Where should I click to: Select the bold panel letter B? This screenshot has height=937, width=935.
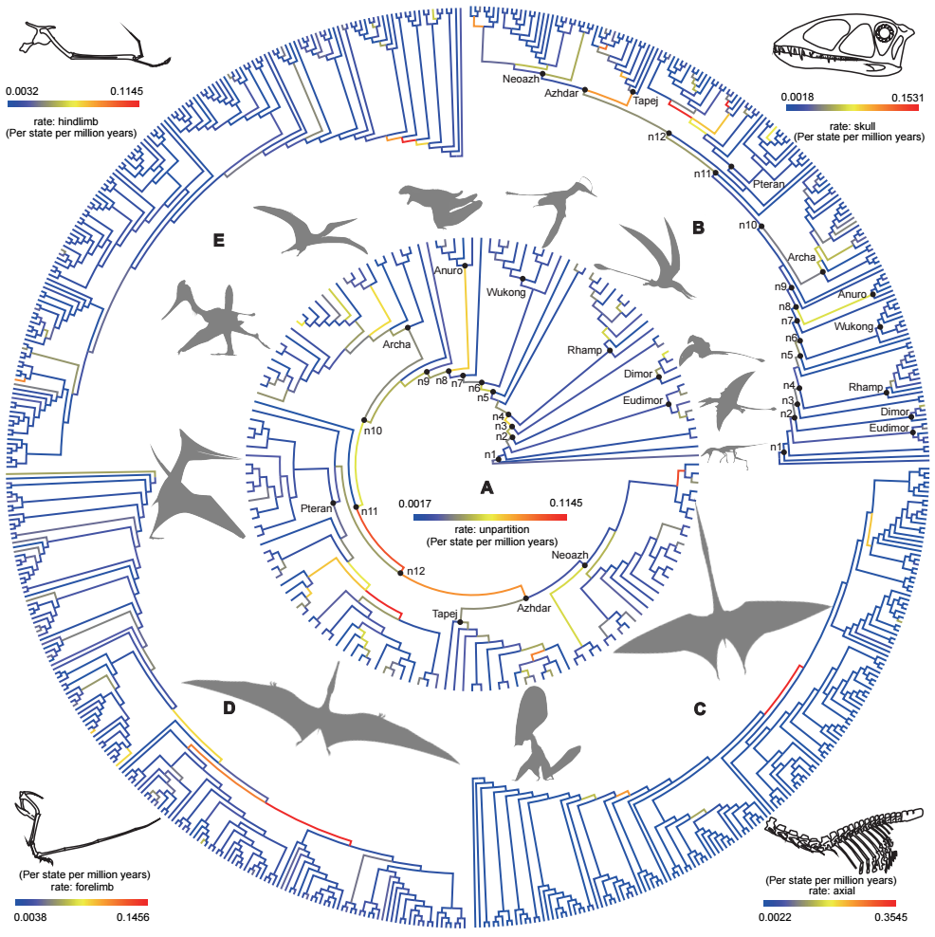tap(699, 228)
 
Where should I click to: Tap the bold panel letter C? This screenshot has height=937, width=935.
tap(700, 707)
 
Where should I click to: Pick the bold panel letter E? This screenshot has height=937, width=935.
tap(218, 241)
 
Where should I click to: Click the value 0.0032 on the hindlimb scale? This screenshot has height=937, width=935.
tap(23, 92)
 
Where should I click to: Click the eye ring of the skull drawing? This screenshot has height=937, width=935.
tap(887, 35)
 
